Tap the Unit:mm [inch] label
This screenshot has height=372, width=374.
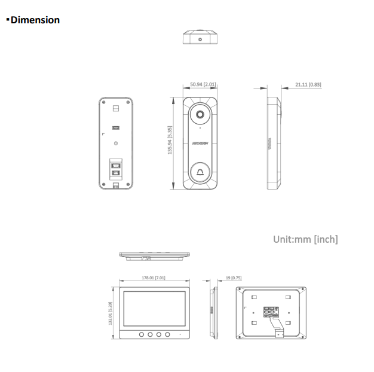pyautogui.click(x=305, y=239)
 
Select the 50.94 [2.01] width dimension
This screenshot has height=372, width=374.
pyautogui.click(x=203, y=84)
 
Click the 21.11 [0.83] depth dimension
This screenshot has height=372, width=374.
pyautogui.click(x=308, y=84)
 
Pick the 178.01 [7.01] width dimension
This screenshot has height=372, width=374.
pyautogui.click(x=154, y=278)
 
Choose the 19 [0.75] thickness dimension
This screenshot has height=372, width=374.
pyautogui.click(x=233, y=278)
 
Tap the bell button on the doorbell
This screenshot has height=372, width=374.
pyautogui.click(x=200, y=173)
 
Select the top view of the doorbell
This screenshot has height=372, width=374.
pyautogui.click(x=200, y=38)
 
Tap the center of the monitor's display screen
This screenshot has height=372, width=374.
pyautogui.click(x=154, y=307)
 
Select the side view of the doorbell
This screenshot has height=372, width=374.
pyautogui.click(x=274, y=143)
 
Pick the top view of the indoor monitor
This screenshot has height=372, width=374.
pyautogui.click(x=154, y=256)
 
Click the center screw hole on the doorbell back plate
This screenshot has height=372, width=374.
pyautogui.click(x=116, y=144)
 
